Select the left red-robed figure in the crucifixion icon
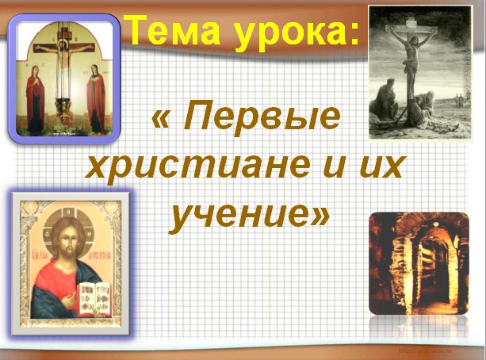[35, 100]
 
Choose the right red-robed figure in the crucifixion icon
[96, 99]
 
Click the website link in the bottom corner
[425, 350]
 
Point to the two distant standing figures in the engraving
[458, 100]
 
